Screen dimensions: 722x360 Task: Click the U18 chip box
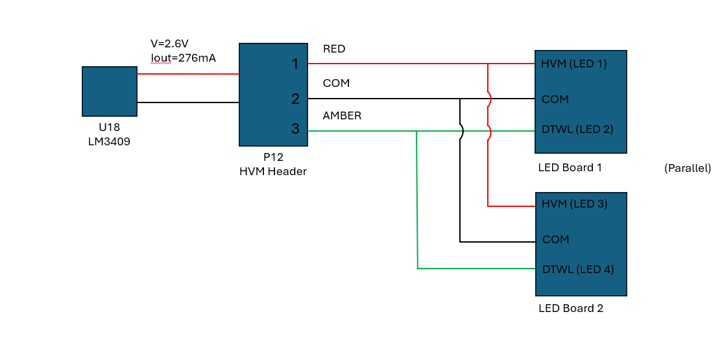pyautogui.click(x=110, y=91)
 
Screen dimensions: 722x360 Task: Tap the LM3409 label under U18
pyautogui.click(x=109, y=142)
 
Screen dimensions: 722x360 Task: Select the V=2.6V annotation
pyautogui.click(x=170, y=43)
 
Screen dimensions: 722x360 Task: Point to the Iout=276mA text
pyautogui.click(x=184, y=58)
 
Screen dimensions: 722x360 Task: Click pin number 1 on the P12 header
pyautogui.click(x=296, y=64)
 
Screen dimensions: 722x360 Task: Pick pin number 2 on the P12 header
pyautogui.click(x=296, y=99)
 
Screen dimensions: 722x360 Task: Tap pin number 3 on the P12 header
pyautogui.click(x=296, y=129)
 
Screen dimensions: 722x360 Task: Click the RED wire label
pyautogui.click(x=334, y=49)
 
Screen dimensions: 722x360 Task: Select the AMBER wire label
pyautogui.click(x=342, y=116)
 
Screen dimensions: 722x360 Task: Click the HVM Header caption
pyautogui.click(x=273, y=172)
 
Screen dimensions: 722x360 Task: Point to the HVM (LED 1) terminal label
pyautogui.click(x=574, y=64)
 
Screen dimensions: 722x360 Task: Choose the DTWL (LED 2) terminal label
pyautogui.click(x=577, y=129)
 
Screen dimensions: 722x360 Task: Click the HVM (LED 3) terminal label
pyautogui.click(x=575, y=204)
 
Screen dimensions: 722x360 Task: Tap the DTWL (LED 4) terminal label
pyautogui.click(x=578, y=269)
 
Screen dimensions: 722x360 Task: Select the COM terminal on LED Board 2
pyautogui.click(x=556, y=239)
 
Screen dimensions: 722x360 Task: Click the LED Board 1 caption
pyautogui.click(x=570, y=167)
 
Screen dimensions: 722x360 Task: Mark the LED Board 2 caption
pyautogui.click(x=571, y=309)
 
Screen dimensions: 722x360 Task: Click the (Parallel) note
pyautogui.click(x=688, y=169)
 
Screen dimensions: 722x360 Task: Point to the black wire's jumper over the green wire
pyautogui.click(x=462, y=131)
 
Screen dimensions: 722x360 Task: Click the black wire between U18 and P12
pyautogui.click(x=188, y=102)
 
